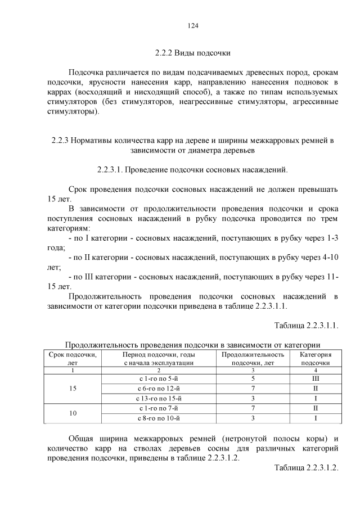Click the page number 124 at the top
click(192, 25)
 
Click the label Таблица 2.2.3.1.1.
click(307, 326)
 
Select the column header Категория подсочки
click(315, 359)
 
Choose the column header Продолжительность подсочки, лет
click(253, 359)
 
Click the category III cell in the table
click(315, 379)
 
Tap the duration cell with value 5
click(253, 379)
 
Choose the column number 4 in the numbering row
click(315, 370)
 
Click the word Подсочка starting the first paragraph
click(86, 73)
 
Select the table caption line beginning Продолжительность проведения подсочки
click(192, 345)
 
